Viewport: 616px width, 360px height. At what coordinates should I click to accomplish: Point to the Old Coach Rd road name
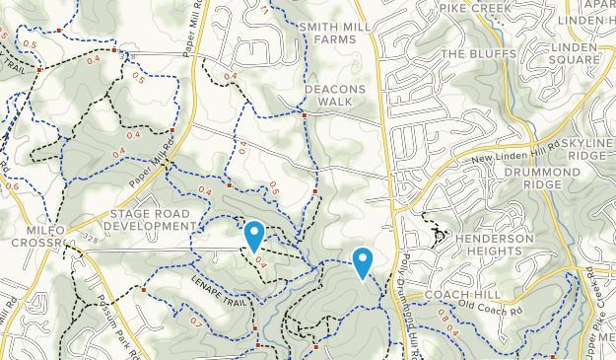pyautogui.click(x=487, y=306)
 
